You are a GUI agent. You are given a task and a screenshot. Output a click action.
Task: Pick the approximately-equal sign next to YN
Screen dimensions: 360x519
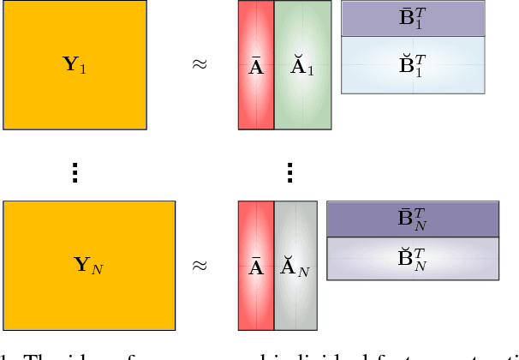[199, 266]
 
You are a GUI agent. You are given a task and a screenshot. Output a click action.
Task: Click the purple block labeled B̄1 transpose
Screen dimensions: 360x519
[414, 19]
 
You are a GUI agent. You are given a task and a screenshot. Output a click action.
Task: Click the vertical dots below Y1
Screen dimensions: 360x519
[75, 172]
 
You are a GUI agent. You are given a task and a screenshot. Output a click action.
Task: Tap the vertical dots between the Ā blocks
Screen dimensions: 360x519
[289, 172]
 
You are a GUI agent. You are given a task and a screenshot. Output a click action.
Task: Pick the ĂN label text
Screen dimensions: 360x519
[295, 268]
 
